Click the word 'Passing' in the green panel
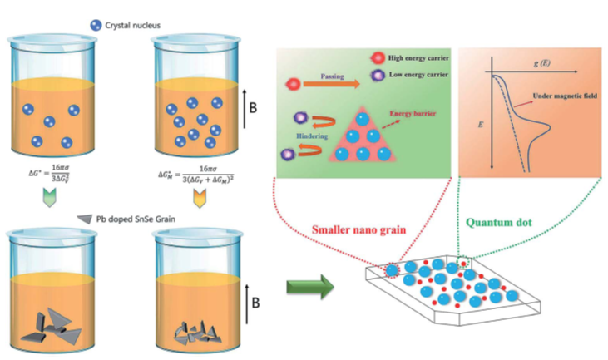(x=336, y=74)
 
